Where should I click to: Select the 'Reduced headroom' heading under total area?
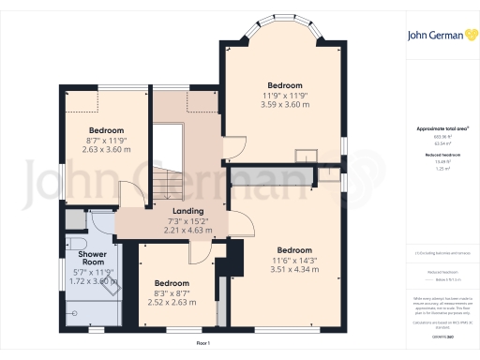(x=440, y=155)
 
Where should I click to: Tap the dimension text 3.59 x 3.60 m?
(x=283, y=103)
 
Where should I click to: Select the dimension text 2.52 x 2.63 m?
(x=172, y=303)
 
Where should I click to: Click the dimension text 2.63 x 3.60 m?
(x=107, y=148)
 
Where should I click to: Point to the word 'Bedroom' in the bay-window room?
(x=283, y=84)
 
